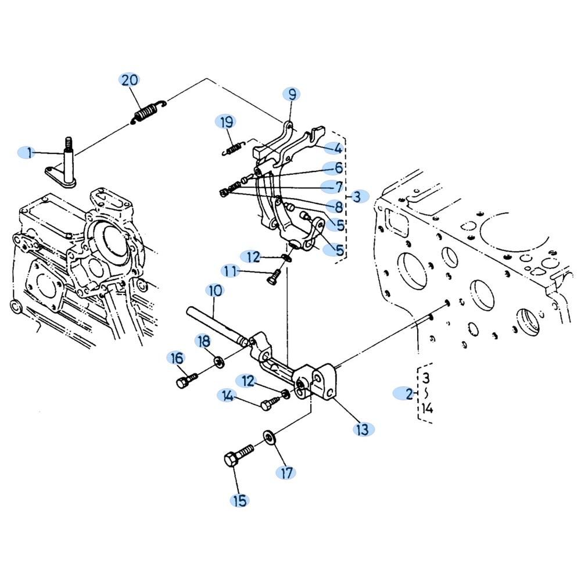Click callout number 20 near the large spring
(x=130, y=80)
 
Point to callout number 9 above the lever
(x=292, y=95)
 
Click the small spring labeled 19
(x=234, y=148)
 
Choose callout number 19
(x=227, y=122)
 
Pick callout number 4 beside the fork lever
(x=338, y=148)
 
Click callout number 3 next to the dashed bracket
(x=357, y=196)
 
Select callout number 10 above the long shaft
(x=215, y=291)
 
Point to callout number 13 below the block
(x=363, y=429)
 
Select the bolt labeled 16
(x=187, y=381)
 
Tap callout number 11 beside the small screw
(x=230, y=271)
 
